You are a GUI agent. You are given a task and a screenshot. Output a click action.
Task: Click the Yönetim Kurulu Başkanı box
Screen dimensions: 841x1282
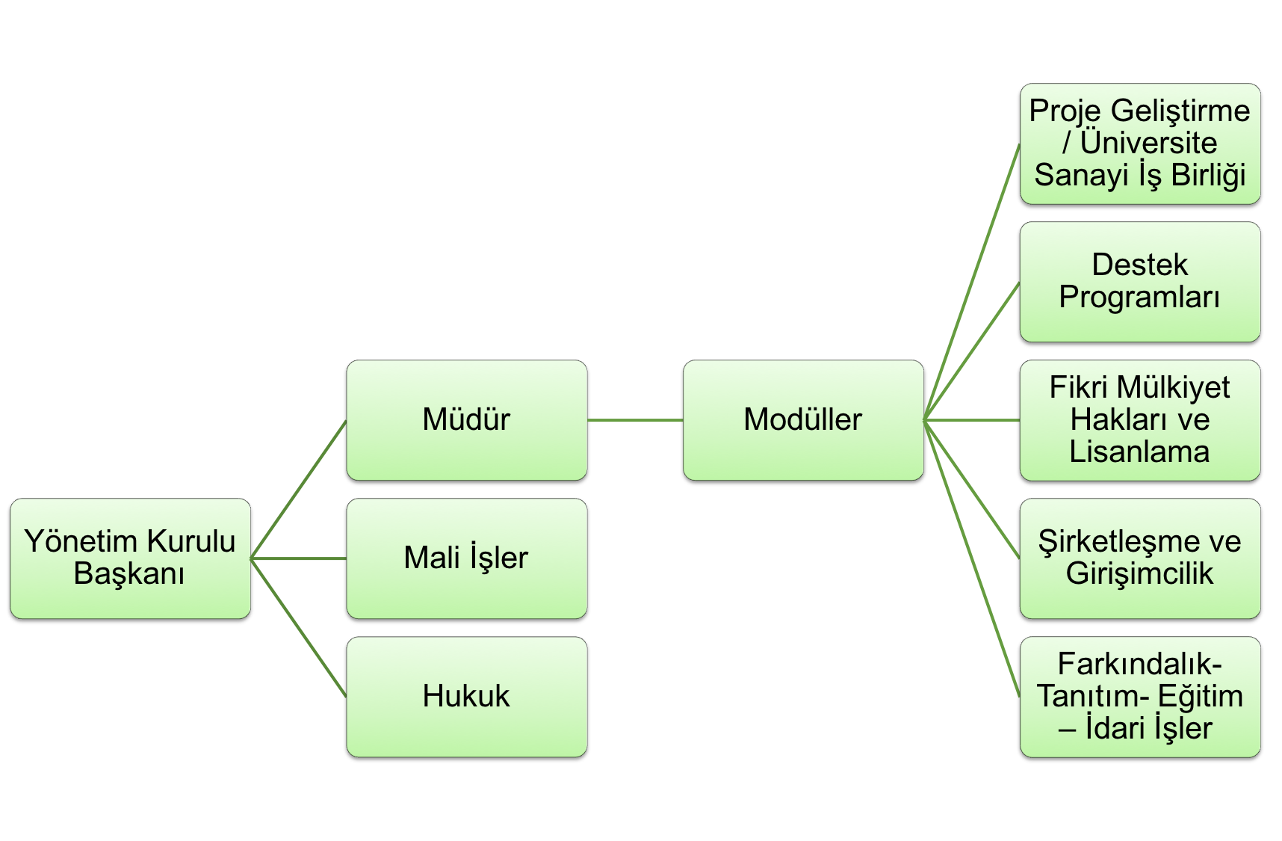pos(130,558)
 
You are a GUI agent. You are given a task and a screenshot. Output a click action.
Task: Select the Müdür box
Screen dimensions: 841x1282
pos(466,419)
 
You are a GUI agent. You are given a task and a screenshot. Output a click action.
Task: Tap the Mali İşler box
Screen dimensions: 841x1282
pos(466,558)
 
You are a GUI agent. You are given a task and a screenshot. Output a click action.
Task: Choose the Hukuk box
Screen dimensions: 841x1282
pos(466,696)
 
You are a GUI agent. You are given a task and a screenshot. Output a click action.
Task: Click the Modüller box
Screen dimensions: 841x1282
pos(803,419)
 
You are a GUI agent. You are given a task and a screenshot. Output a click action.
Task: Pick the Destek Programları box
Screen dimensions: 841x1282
pos(1139,281)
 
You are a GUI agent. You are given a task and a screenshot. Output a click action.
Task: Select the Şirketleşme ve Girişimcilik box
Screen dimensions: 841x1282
pos(1139,558)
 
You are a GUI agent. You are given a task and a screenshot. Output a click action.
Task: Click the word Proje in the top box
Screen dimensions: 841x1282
pos(1065,111)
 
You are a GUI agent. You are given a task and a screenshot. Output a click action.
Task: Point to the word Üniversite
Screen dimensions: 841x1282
pos(1148,143)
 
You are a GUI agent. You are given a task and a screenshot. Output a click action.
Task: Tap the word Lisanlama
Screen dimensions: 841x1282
pos(1139,452)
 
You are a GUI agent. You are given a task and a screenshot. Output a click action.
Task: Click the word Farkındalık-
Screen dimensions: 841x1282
pos(1139,664)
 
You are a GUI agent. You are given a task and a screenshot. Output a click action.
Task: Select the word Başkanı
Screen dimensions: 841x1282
pos(129,574)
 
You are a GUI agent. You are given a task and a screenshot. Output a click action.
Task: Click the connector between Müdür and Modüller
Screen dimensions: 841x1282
pos(635,420)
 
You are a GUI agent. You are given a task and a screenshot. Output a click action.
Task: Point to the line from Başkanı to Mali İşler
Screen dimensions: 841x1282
pos(299,558)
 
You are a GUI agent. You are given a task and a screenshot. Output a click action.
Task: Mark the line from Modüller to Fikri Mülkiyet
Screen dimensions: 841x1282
pos(971,420)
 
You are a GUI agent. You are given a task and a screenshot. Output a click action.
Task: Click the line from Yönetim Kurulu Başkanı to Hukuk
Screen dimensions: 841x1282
pos(299,628)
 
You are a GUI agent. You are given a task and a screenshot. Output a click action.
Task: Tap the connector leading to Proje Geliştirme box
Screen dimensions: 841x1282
pos(972,282)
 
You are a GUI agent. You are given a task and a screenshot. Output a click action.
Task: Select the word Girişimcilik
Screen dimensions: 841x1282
pos(1139,574)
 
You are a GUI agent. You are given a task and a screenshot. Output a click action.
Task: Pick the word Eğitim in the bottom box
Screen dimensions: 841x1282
pos(1201,696)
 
